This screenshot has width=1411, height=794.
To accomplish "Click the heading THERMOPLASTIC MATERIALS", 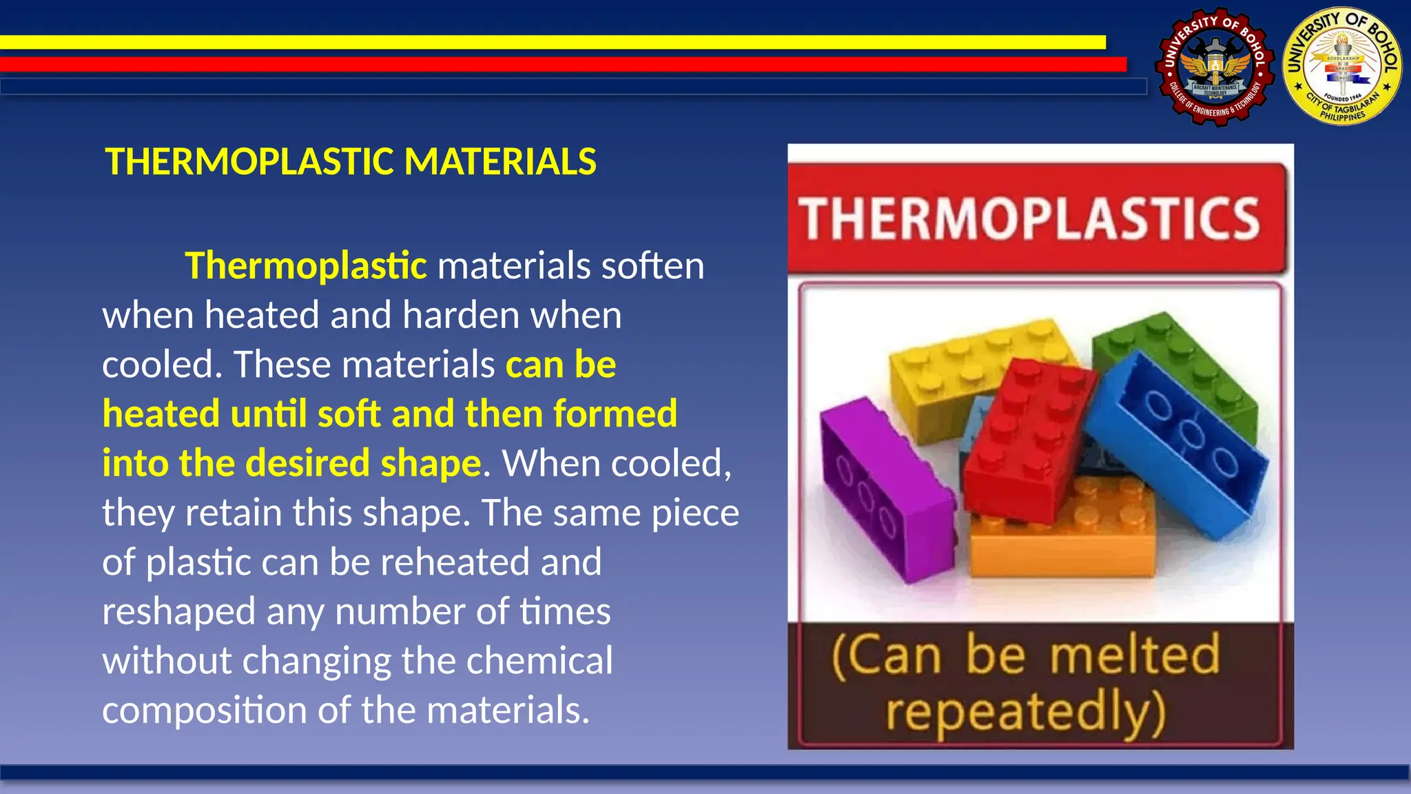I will (x=350, y=162).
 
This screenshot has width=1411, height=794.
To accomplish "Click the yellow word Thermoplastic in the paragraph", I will (x=306, y=266).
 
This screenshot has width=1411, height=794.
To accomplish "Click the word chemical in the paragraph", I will (x=539, y=660).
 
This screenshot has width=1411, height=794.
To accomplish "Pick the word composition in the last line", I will (x=204, y=710).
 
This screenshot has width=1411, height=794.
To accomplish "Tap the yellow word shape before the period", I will (x=431, y=463).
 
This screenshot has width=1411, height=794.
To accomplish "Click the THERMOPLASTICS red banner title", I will (x=1030, y=218).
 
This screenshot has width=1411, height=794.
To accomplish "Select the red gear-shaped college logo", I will (x=1214, y=68).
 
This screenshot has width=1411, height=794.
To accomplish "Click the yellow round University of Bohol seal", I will (x=1342, y=68).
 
